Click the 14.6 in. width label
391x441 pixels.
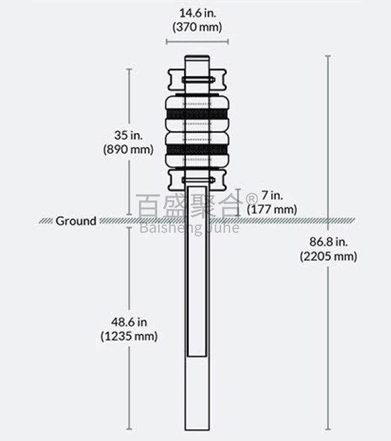coord(196,12)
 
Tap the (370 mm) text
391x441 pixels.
coord(196,27)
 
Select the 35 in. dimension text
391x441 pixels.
coord(128,136)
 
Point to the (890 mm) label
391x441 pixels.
coord(128,149)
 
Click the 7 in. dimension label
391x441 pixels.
coord(271,195)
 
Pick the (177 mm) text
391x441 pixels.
coord(271,209)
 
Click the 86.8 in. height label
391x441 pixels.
coord(328,242)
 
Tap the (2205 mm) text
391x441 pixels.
coord(328,256)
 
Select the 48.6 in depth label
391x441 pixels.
coord(129,322)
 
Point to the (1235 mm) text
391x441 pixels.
coord(129,336)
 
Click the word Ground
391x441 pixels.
coord(76,221)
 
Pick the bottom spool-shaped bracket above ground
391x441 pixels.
coord(196,179)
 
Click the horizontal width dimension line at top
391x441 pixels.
coord(196,42)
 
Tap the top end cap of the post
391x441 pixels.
coord(196,60)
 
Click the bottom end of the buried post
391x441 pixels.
coord(196,428)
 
